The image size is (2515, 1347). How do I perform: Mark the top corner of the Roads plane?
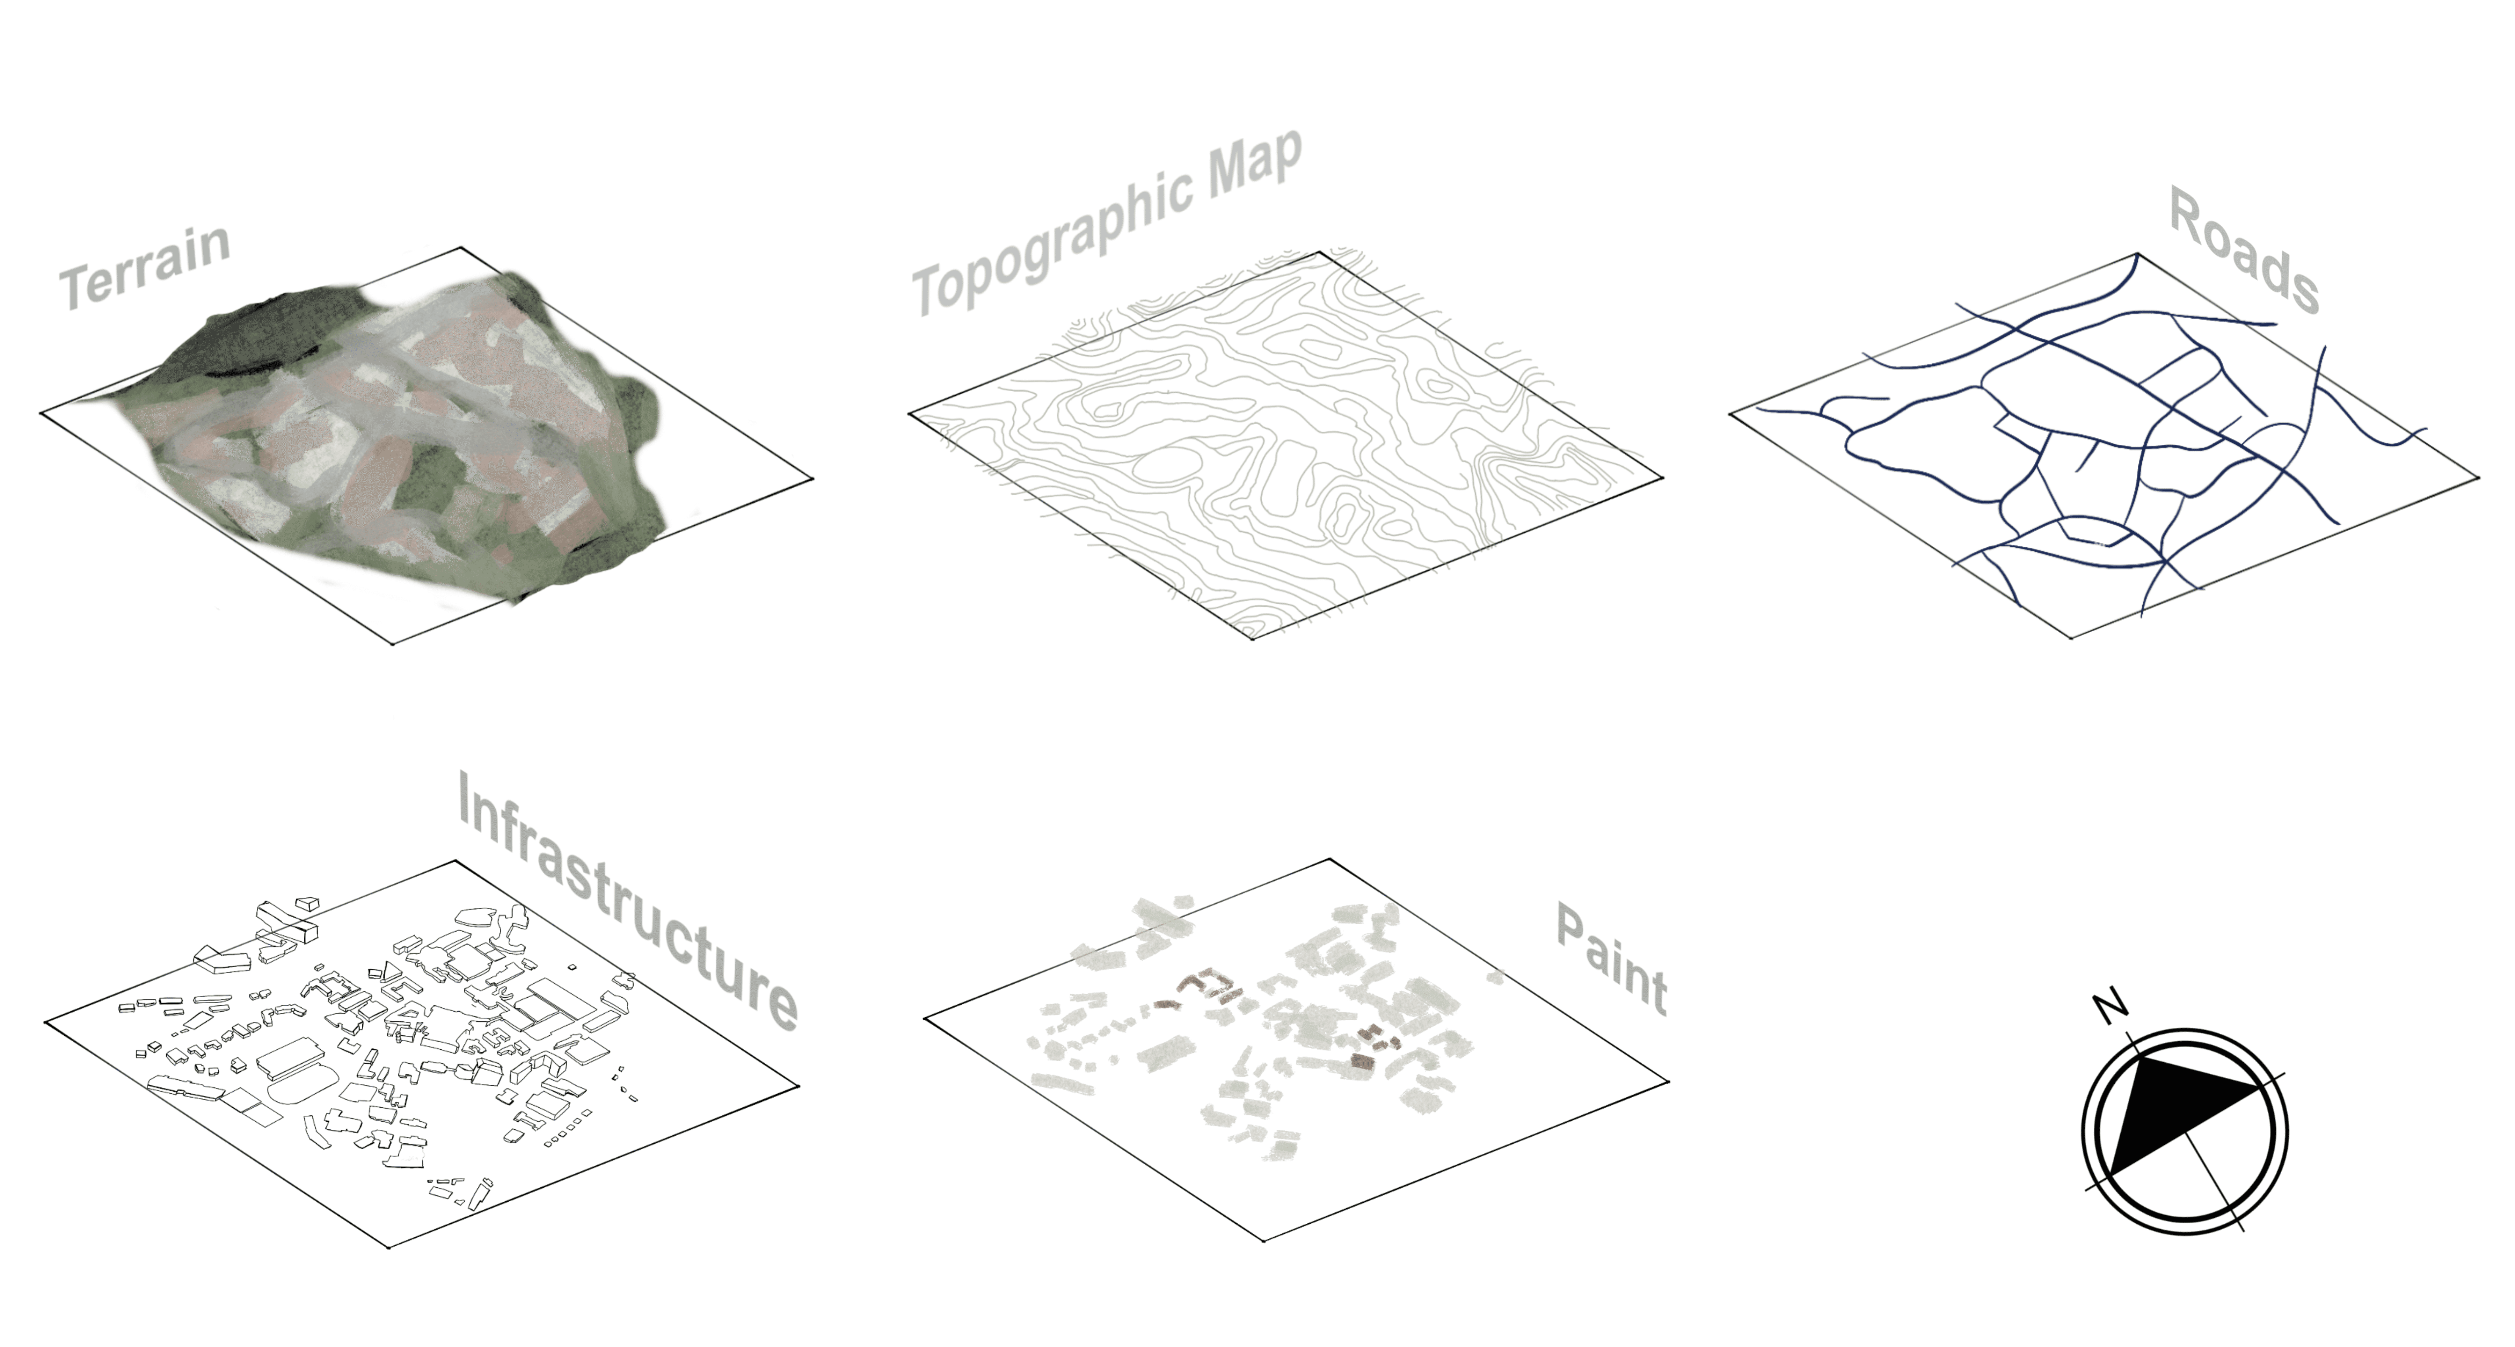coord(2138,254)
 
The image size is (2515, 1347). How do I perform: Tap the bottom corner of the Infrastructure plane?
coord(388,1246)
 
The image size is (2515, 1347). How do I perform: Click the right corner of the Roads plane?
coord(2478,478)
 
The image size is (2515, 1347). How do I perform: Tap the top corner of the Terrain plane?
coord(461,247)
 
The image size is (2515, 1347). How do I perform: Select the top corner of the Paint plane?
coord(1330,859)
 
